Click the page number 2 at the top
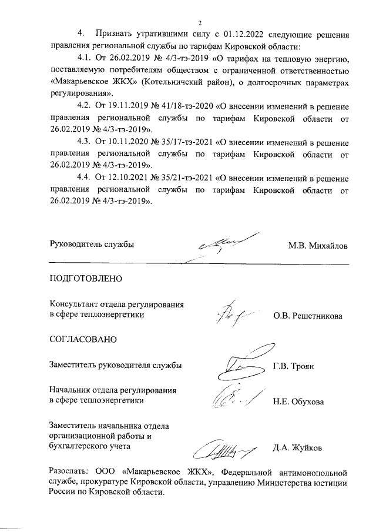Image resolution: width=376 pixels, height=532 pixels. pyautogui.click(x=200, y=23)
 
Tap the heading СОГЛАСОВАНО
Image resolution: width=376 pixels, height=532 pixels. pyautogui.click(x=83, y=340)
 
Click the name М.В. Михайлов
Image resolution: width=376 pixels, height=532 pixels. pyautogui.click(x=318, y=245)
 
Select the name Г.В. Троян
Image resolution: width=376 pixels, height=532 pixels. pyautogui.click(x=294, y=366)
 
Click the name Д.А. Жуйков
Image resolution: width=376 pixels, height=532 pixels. pyautogui.click(x=297, y=447)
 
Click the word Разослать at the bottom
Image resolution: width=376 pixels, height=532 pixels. pyautogui.click(x=70, y=471)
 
